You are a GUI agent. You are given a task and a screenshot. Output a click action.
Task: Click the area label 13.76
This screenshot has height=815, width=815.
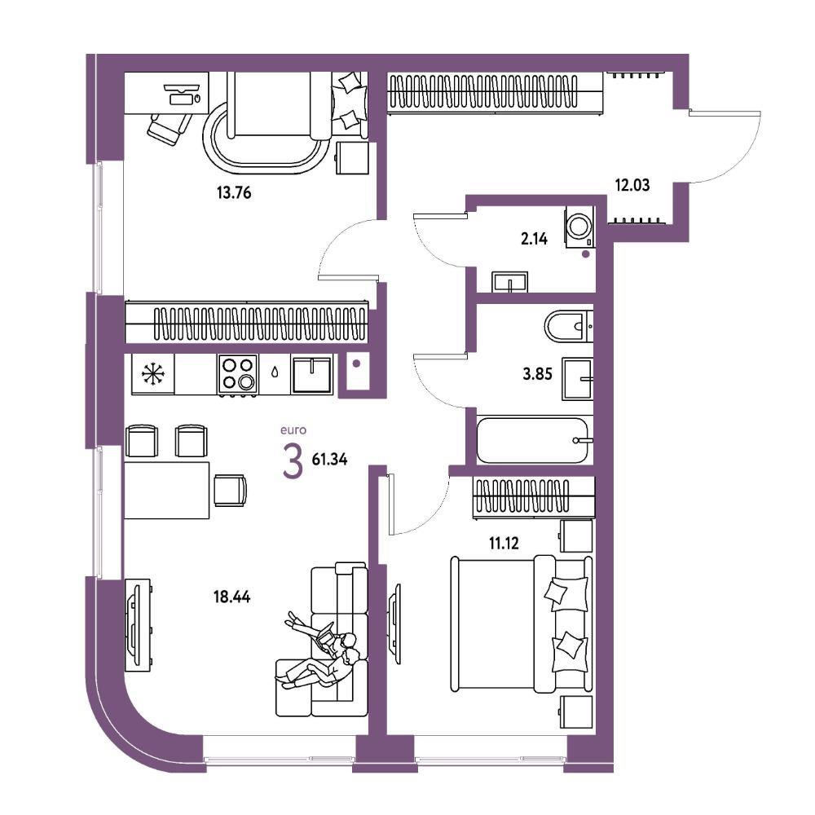coord(234,193)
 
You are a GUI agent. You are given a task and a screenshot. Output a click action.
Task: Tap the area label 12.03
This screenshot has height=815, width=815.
coord(632,185)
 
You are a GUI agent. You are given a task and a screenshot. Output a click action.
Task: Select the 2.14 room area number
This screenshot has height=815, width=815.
coord(535,239)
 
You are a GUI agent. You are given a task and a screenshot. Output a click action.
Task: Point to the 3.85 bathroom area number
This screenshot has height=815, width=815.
coord(537,374)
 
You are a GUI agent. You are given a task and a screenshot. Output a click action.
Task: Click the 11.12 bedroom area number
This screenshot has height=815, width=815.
coord(504,544)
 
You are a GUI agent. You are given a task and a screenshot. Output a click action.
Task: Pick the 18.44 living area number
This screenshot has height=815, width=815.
coord(231,597)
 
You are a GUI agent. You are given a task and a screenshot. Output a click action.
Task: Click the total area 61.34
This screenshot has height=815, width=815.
coord(329,460)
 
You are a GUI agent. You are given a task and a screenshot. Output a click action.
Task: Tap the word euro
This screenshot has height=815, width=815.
coord(293,430)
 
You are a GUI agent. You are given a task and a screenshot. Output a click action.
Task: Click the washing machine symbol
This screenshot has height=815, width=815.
coord(580,227)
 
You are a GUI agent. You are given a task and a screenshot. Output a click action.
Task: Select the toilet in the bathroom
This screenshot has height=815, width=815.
coord(569,327)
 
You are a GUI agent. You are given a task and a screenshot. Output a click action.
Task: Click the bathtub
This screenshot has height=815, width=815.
coord(533,441)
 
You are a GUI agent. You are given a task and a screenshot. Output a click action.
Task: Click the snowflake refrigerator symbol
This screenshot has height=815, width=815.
coord(153,374)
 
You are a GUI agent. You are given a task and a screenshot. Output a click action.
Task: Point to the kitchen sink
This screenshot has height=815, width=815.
coord(311,374)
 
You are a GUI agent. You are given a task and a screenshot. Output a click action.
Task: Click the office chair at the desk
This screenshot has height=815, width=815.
coord(169,127)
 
